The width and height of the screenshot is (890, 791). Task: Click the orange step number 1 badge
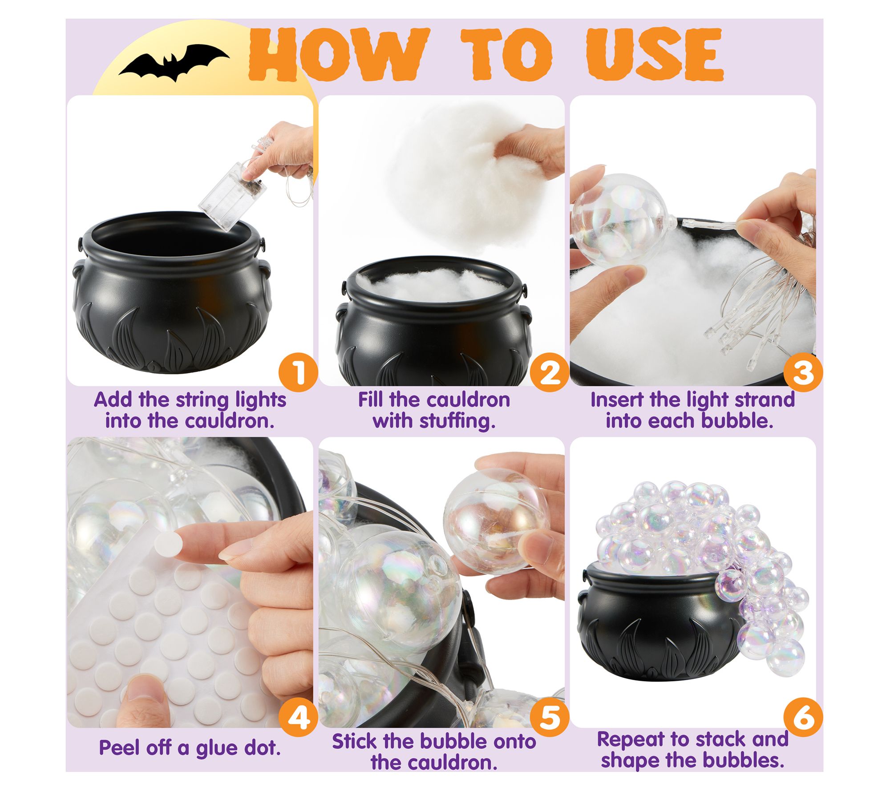tap(298, 372)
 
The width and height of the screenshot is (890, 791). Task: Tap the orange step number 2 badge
tap(550, 372)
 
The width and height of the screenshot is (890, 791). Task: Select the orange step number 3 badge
tap(803, 372)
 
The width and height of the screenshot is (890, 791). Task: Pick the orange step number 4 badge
tap(298, 717)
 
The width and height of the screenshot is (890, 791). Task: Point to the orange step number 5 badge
tap(550, 717)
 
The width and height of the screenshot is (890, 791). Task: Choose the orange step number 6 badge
tap(803, 717)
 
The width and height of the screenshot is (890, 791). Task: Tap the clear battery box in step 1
tap(228, 195)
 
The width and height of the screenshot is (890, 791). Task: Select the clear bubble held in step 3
tap(623, 219)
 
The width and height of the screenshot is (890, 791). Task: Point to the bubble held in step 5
tap(495, 520)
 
